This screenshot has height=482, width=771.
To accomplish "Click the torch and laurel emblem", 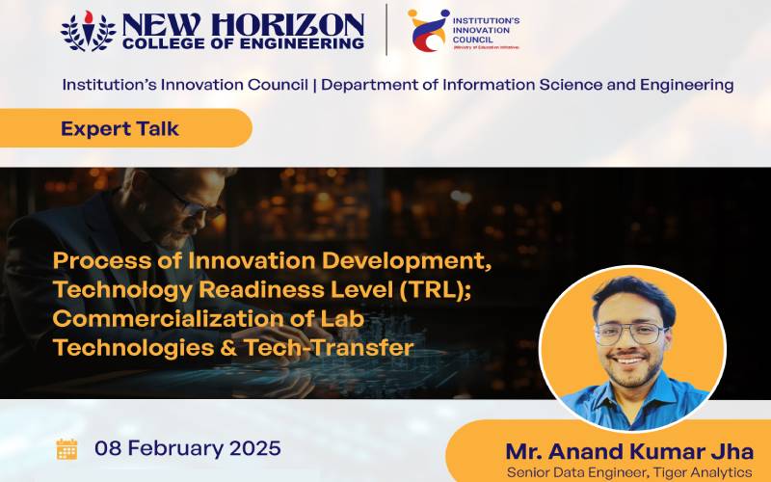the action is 89,31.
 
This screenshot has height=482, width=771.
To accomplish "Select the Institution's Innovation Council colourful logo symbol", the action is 428,30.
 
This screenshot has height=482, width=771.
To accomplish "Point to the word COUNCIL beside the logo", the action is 472,40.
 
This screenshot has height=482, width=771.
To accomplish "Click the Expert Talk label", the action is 120,129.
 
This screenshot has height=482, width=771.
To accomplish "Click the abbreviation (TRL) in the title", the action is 436,289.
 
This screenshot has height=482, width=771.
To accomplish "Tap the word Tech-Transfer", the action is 329,347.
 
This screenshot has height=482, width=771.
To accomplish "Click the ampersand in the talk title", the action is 228,348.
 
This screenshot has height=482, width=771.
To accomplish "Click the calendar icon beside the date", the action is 66,449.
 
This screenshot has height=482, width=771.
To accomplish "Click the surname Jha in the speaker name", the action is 732,451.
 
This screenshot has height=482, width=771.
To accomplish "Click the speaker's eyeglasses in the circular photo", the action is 631,334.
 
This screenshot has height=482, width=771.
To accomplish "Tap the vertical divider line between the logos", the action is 386,30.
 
